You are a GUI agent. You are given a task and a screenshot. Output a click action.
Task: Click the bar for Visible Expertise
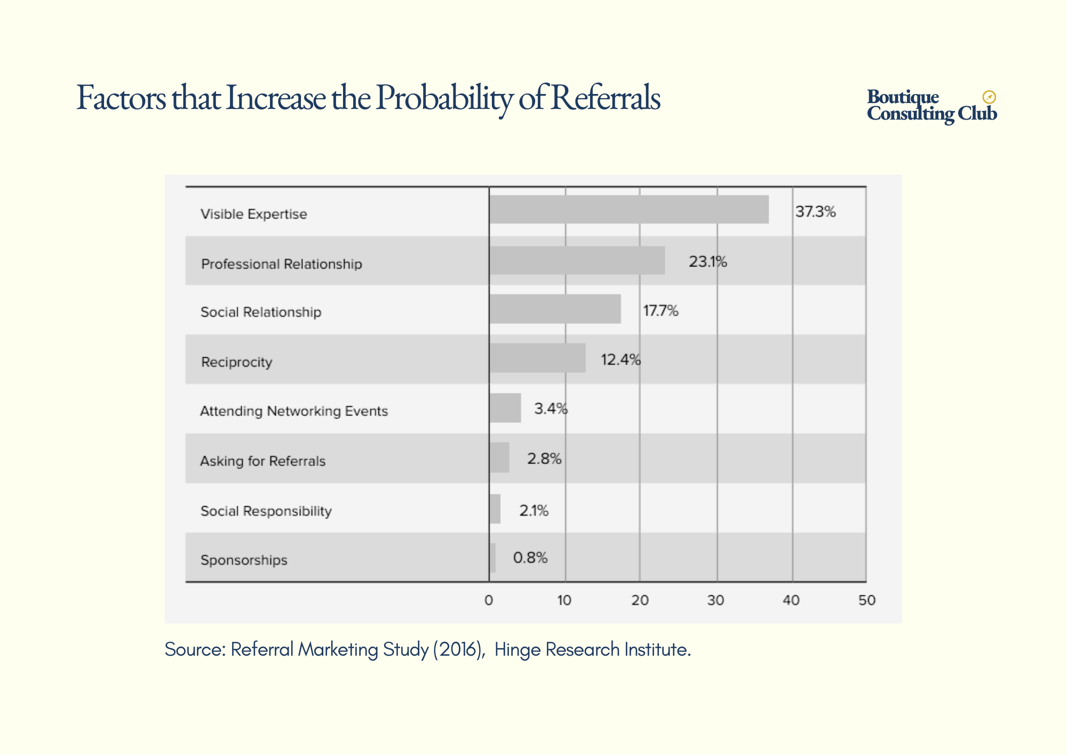[629, 209]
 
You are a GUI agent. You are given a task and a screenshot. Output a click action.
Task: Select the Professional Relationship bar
[577, 261]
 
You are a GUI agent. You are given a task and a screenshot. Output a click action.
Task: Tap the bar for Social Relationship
[555, 309]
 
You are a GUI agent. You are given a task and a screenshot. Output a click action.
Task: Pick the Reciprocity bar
[537, 358]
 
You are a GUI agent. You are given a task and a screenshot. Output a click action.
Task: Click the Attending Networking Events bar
[505, 408]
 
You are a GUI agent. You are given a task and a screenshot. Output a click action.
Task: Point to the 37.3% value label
[815, 212]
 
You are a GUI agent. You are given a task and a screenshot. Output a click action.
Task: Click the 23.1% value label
[707, 262]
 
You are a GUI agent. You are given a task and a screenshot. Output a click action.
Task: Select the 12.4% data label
[620, 360]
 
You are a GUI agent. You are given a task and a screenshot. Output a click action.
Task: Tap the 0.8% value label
[530, 558]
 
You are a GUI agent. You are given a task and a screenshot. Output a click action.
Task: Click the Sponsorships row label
[244, 560]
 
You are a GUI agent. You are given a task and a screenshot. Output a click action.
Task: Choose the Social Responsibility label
[266, 511]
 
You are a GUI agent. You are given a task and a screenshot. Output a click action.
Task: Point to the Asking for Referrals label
[262, 461]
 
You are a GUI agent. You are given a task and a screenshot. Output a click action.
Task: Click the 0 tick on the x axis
[489, 601]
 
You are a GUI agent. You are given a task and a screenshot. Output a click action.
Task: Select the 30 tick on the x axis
[715, 601]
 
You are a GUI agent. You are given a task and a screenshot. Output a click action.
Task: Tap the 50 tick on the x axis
[866, 601]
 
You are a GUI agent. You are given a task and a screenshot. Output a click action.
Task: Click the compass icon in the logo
[989, 97]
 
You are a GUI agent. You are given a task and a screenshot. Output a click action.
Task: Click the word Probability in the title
[444, 99]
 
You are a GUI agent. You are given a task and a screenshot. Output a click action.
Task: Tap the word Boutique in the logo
[903, 97]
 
